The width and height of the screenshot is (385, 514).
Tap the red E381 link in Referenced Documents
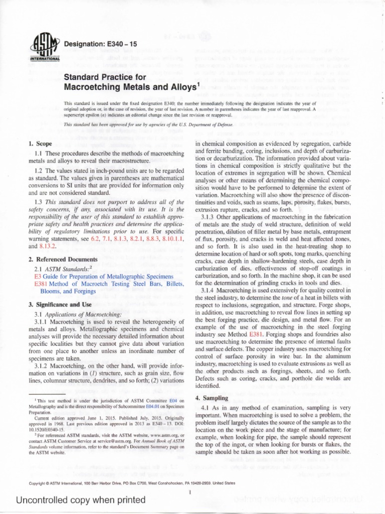[41, 285]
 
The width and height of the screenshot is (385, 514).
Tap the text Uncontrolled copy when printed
[74, 500]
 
